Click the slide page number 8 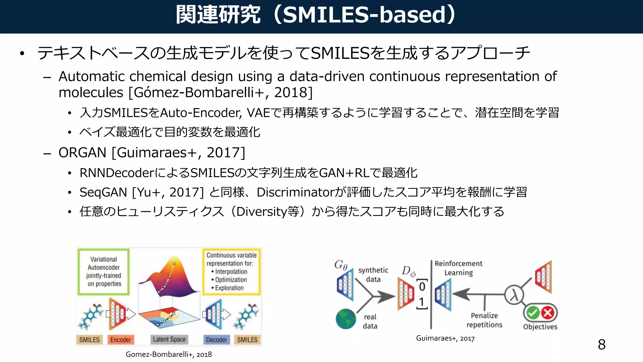click(602, 345)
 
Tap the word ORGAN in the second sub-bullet click(82, 153)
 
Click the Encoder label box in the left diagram click(121, 340)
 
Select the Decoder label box click(216, 340)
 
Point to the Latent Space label click(169, 339)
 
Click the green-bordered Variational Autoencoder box click(104, 272)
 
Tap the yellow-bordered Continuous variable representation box click(231, 272)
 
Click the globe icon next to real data click(346, 319)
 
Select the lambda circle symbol click(514, 295)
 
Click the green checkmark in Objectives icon click(532, 313)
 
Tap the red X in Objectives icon click(548, 313)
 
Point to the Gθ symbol click(341, 265)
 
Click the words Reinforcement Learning click(458, 268)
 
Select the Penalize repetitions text click(484, 320)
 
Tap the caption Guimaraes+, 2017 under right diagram click(445, 338)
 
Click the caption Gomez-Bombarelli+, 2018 click(169, 354)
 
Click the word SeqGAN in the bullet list click(103, 192)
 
